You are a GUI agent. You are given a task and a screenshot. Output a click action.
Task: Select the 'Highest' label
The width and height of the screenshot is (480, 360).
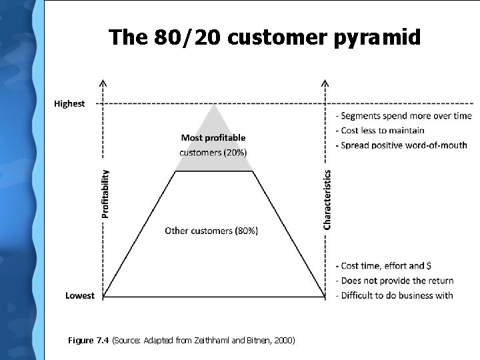tap(69, 104)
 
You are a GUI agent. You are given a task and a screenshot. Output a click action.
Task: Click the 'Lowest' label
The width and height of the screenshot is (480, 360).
tap(80, 295)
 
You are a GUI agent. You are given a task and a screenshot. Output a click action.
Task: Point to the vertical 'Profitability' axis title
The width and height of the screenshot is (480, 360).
tap(105, 193)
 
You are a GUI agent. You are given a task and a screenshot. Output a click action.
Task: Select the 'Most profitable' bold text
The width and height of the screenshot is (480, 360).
tap(213, 138)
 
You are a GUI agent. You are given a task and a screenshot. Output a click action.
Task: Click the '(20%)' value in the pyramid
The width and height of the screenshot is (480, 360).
tap(234, 152)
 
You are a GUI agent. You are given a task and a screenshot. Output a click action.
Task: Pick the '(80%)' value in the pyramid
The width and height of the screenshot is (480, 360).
tap(246, 231)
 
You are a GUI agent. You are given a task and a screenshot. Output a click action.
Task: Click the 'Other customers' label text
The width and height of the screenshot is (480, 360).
tap(199, 231)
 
